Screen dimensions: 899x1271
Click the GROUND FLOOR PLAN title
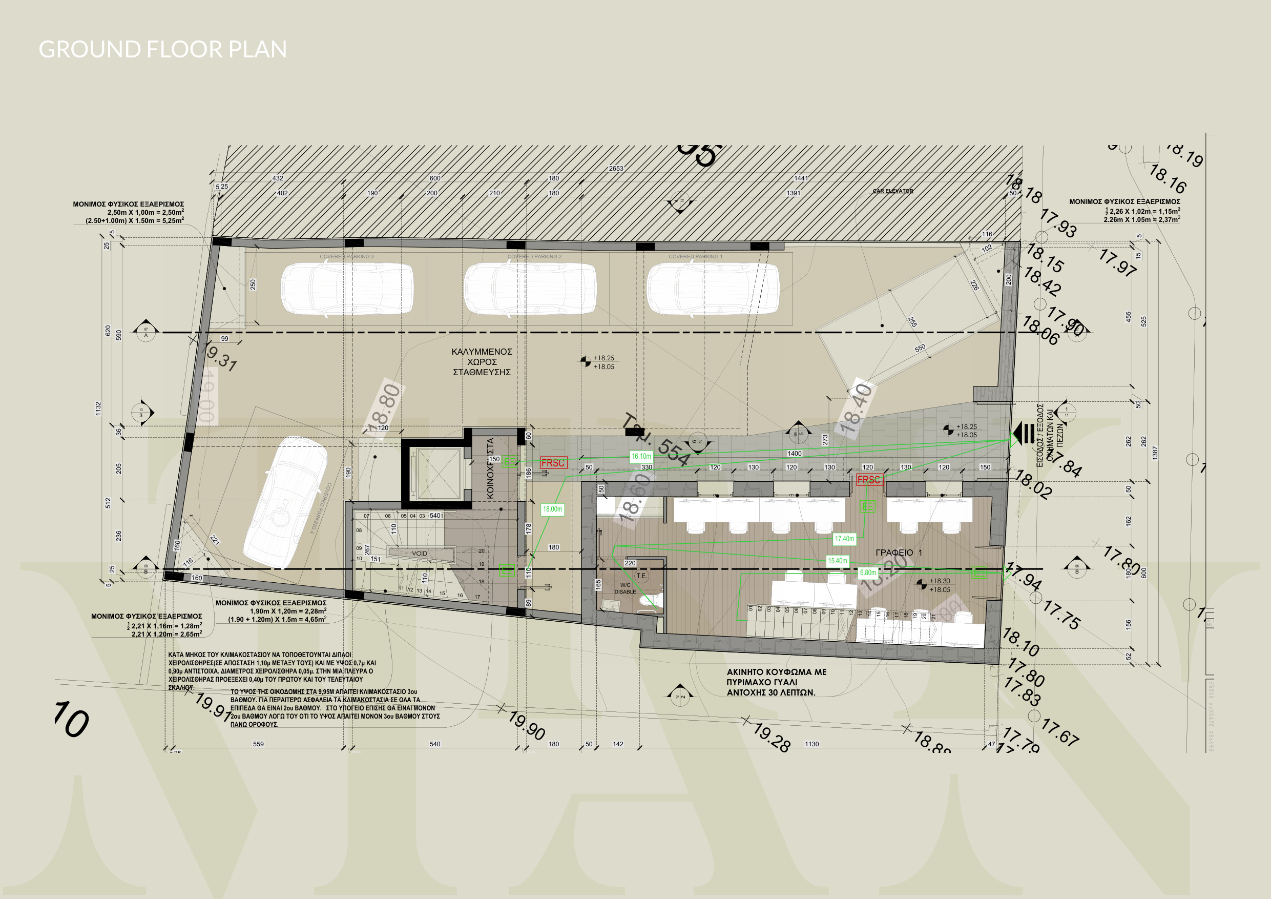coord(163,49)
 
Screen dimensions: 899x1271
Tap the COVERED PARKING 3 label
coord(346,256)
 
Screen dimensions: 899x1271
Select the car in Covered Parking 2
coord(530,289)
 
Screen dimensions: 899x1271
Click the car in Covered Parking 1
coord(713,289)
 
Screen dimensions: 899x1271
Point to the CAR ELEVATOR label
coord(893,191)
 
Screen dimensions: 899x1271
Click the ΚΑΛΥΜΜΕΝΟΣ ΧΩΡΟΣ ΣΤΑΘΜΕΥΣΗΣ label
coord(482,362)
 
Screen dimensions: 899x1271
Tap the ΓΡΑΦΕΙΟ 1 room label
coord(899,552)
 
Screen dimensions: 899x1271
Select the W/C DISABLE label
coord(625,588)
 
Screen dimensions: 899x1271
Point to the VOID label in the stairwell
coord(419,554)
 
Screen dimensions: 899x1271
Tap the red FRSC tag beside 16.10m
coord(553,463)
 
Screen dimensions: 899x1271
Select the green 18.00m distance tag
coord(552,509)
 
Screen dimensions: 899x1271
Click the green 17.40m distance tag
coord(844,538)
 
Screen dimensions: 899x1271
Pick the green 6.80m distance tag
coord(868,573)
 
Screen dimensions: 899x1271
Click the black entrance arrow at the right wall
coord(1023,433)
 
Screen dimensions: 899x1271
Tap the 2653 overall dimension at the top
coord(616,169)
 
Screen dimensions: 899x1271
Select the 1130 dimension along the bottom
coord(811,744)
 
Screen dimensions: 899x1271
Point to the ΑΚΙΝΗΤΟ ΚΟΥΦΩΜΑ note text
coord(776,682)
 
